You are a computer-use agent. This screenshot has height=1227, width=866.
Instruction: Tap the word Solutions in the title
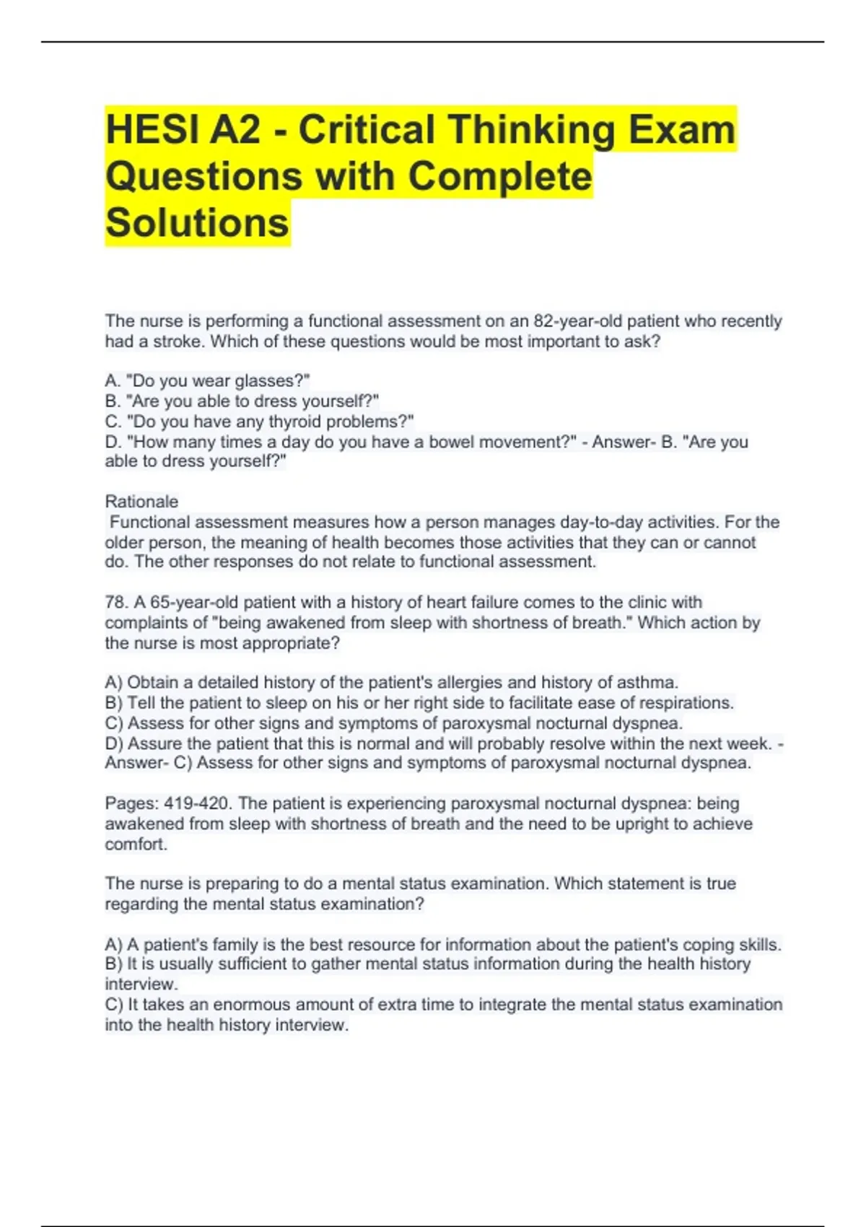(x=197, y=223)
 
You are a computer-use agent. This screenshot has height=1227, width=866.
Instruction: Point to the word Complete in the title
(x=499, y=177)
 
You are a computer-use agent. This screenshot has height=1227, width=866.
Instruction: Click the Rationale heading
(x=141, y=502)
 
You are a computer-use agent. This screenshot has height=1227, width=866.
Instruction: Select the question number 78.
(x=117, y=603)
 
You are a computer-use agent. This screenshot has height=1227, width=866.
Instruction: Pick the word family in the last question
(x=232, y=945)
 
